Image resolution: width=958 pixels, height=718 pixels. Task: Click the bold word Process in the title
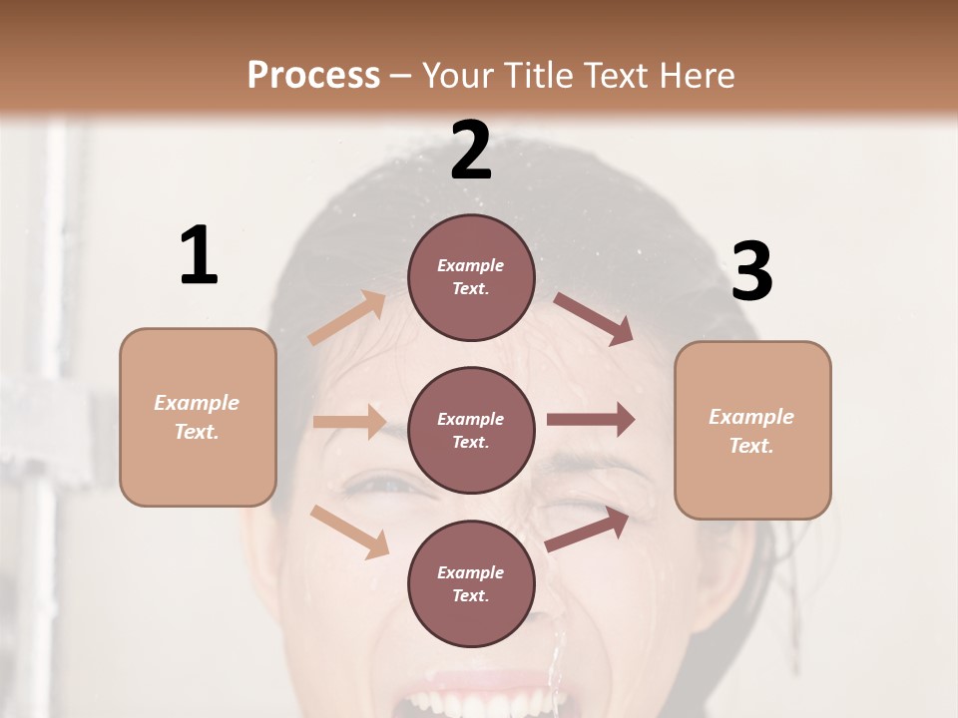pyautogui.click(x=313, y=76)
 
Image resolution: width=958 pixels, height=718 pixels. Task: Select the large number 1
pyautogui.click(x=199, y=256)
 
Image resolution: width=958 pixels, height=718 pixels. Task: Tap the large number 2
pyautogui.click(x=471, y=151)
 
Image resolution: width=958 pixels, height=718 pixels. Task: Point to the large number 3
pyautogui.click(x=751, y=272)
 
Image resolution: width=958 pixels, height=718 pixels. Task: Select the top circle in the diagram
pyautogui.click(x=471, y=277)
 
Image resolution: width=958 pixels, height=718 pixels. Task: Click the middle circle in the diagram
pyautogui.click(x=471, y=431)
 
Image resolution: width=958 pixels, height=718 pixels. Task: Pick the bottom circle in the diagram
pyautogui.click(x=471, y=584)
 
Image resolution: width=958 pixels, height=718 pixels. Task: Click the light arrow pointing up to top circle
pyautogui.click(x=347, y=318)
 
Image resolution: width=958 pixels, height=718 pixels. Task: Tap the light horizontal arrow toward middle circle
pyautogui.click(x=349, y=422)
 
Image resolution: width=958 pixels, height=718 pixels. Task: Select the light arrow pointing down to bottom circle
pyautogui.click(x=349, y=532)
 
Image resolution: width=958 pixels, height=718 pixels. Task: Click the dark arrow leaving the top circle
pyautogui.click(x=593, y=319)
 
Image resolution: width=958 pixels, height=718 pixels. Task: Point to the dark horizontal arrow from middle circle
pyautogui.click(x=591, y=420)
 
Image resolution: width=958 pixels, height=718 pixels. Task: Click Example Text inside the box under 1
pyautogui.click(x=197, y=417)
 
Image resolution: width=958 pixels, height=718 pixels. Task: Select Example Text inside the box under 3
pyautogui.click(x=751, y=431)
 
